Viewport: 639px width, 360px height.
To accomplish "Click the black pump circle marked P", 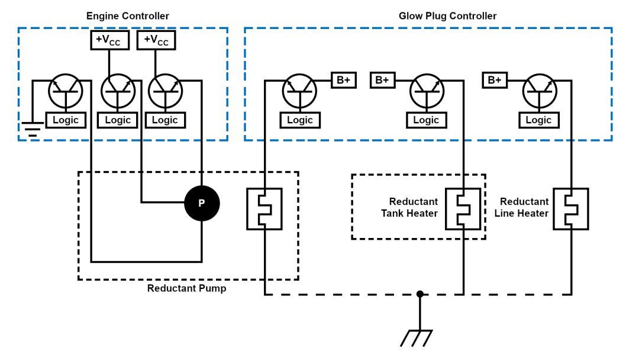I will [202, 203].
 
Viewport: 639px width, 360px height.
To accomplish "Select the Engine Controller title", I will [127, 16].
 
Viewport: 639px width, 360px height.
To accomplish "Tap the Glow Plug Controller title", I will [447, 16].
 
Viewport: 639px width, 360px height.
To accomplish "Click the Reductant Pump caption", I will [186, 288].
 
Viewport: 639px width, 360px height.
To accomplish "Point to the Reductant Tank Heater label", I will [413, 207].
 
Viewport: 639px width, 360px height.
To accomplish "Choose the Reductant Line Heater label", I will [524, 207].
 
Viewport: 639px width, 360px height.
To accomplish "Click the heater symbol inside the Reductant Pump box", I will [264, 209].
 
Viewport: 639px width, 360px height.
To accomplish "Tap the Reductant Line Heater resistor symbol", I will [571, 209].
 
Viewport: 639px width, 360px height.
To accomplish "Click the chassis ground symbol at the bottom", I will [419, 337].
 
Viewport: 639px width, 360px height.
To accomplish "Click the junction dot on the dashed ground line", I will [419, 294].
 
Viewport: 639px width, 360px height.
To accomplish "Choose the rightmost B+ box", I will [495, 80].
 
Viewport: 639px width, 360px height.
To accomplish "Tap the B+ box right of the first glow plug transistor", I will [343, 80].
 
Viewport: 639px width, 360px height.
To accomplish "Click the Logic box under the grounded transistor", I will [65, 120].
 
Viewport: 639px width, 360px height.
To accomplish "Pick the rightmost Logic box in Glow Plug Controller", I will [538, 120].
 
